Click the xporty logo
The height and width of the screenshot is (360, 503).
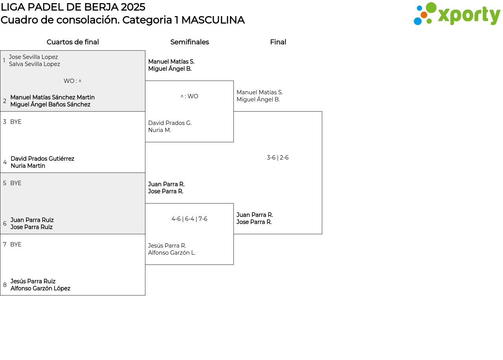tap(457, 14)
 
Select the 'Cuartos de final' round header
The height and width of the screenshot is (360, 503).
tap(73, 42)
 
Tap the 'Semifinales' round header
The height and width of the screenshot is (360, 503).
tap(189, 42)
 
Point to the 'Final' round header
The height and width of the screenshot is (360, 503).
tap(278, 42)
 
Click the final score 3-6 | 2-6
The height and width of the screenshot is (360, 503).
tap(277, 158)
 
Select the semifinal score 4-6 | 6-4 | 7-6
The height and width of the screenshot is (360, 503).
tap(189, 219)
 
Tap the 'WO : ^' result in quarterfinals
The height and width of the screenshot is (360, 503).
tap(72, 81)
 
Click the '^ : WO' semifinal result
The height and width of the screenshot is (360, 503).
tap(189, 96)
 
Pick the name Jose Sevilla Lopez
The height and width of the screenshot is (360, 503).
tap(33, 57)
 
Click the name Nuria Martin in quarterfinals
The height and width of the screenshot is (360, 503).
tap(28, 166)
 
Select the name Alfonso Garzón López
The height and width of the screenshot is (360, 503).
tap(40, 288)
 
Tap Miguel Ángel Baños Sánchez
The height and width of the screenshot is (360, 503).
tap(50, 104)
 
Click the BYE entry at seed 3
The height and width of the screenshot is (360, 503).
tap(16, 122)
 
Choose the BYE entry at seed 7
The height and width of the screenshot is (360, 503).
tap(16, 244)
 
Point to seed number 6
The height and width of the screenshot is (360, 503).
tap(5, 224)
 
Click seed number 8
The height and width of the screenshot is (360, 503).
tap(5, 285)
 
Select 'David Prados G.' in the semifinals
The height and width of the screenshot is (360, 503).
tap(170, 123)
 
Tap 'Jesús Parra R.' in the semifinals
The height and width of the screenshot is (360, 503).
tap(167, 246)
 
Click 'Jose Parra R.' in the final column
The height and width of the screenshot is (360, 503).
tap(254, 222)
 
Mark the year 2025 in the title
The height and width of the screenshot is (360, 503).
tap(133, 7)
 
